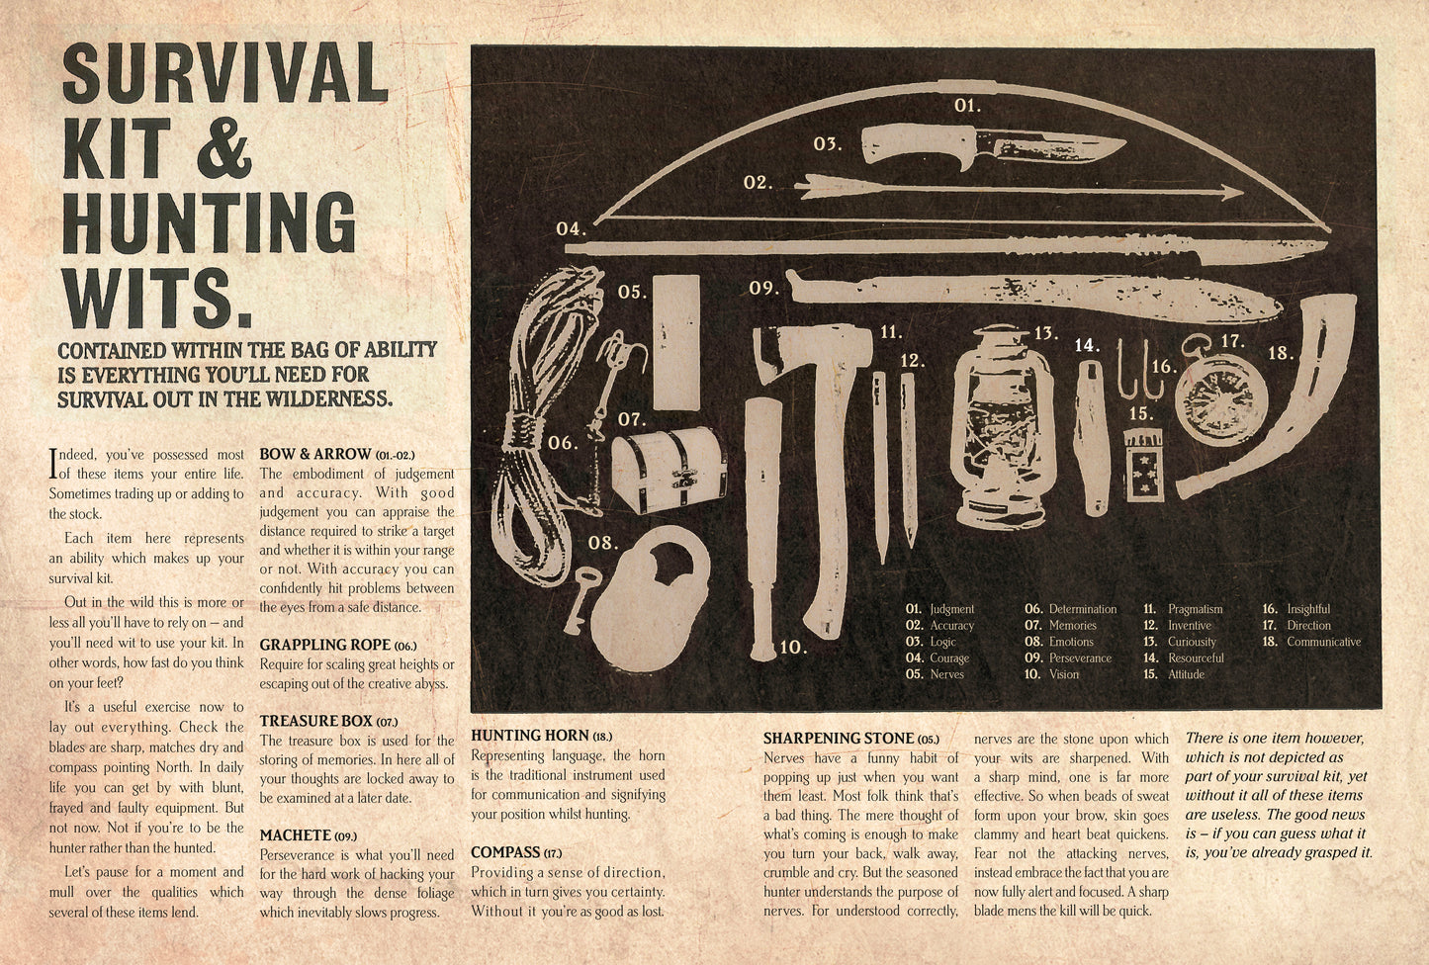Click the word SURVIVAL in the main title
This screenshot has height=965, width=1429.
(225, 73)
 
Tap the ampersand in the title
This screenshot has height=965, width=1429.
(222, 149)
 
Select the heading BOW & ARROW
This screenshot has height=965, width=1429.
(315, 454)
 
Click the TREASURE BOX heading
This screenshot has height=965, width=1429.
(315, 721)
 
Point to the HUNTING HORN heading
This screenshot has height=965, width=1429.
(530, 736)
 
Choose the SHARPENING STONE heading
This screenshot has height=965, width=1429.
(840, 738)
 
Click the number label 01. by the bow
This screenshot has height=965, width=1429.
(967, 106)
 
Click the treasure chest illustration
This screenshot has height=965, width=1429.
(669, 469)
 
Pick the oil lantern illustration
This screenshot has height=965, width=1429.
(1002, 427)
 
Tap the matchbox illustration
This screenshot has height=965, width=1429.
(1144, 465)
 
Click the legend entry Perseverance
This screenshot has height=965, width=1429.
(1080, 658)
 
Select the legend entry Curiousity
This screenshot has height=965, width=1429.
(1192, 642)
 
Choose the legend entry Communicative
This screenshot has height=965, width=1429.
(1324, 642)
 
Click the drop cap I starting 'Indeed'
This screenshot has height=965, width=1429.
(53, 463)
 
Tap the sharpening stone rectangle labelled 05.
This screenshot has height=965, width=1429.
(676, 342)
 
